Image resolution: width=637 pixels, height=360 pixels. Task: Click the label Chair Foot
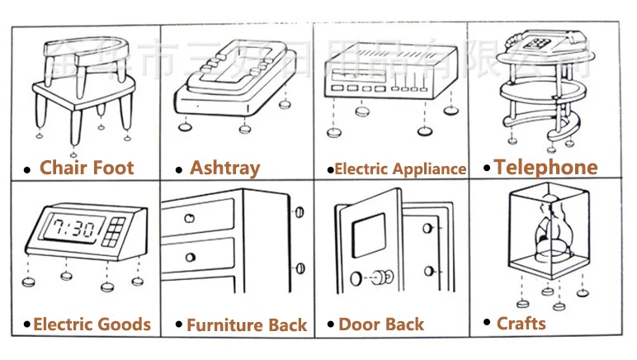point(87,168)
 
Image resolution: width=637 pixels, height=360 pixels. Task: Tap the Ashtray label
point(224,168)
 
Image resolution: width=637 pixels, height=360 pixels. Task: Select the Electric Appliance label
point(400,169)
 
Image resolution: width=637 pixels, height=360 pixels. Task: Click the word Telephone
point(545,168)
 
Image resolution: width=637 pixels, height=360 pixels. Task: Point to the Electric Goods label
point(92,324)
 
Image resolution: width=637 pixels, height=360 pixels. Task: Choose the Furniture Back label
point(246,325)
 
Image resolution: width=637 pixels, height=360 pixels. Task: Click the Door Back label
point(380,324)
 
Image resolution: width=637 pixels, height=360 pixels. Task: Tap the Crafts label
point(521,323)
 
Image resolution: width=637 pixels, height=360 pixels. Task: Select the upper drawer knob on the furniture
point(191,219)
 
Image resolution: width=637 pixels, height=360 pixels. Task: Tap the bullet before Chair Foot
point(28,170)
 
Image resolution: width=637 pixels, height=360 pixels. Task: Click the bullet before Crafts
point(488,324)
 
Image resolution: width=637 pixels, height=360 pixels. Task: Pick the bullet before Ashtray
point(179,170)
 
